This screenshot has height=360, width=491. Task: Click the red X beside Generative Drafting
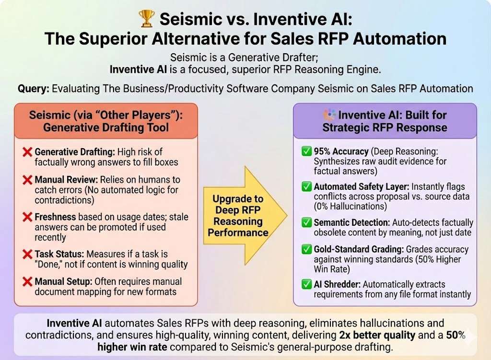click(27, 152)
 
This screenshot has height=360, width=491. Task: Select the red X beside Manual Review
click(27, 180)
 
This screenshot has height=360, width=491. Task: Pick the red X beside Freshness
click(27, 217)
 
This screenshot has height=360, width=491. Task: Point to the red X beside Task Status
click(27, 254)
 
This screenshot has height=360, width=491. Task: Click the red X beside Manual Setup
click(27, 282)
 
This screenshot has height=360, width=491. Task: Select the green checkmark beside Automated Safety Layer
click(305, 187)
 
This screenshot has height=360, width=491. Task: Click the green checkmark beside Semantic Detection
click(305, 223)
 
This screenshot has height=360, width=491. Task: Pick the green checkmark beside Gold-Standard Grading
click(305, 250)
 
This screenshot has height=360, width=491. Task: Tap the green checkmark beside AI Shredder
click(305, 285)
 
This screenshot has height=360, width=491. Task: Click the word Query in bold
click(34, 89)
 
